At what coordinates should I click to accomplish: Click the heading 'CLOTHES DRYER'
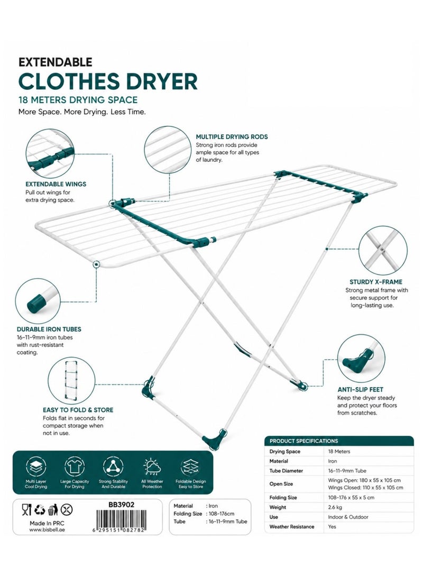click(108, 81)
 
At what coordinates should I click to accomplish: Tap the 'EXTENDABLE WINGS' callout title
click(56, 184)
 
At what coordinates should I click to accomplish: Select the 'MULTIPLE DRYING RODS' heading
click(232, 137)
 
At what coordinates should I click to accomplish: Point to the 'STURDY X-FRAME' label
click(376, 282)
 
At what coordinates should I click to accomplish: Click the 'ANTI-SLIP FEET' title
click(361, 389)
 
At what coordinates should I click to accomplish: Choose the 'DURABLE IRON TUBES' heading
click(49, 329)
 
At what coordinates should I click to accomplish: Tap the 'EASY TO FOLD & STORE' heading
click(78, 410)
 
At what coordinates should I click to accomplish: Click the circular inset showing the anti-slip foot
click(361, 358)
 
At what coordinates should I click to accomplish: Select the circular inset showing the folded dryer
click(71, 380)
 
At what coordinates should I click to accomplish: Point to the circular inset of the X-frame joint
click(383, 250)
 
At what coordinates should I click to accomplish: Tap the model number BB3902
click(122, 505)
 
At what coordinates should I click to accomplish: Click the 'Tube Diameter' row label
click(286, 471)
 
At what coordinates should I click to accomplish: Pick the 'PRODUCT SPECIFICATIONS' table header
click(304, 441)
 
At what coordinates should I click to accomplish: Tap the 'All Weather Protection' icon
click(152, 467)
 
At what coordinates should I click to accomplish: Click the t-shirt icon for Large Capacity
click(75, 466)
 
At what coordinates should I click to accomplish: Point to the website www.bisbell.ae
click(47, 530)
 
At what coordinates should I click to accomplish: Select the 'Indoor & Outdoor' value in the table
click(348, 517)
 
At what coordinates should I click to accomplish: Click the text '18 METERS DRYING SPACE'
click(78, 100)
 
